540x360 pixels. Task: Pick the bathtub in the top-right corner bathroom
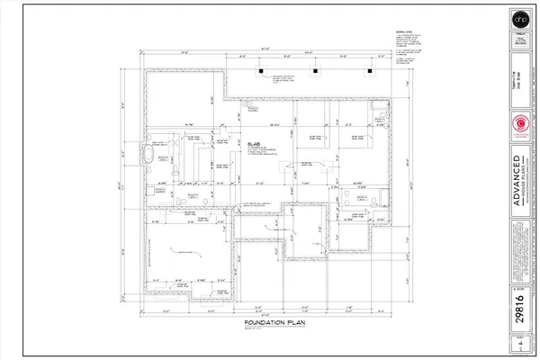point(382,123)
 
